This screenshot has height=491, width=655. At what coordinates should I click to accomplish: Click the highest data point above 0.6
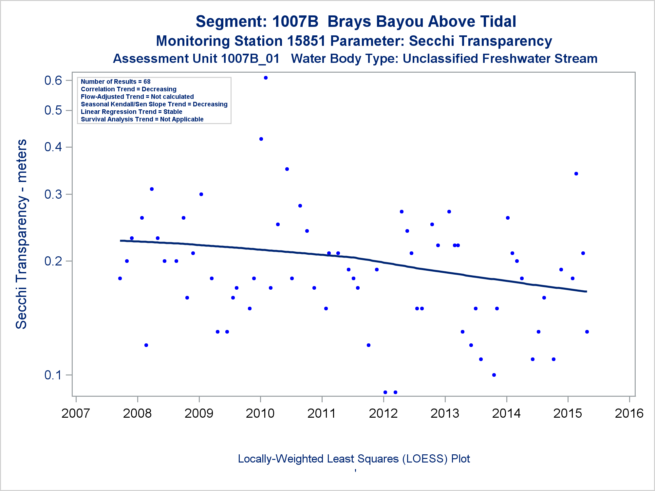[x=266, y=78]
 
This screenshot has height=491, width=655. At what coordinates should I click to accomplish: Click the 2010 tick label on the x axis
[x=260, y=413]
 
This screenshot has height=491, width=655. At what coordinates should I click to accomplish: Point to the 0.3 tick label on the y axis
[x=53, y=194]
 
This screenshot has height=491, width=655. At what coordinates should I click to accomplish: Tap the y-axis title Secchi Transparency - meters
[x=22, y=234]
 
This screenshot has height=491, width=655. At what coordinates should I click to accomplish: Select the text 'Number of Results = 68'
[x=116, y=82]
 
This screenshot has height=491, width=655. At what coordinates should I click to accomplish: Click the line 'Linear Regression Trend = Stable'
[x=131, y=112]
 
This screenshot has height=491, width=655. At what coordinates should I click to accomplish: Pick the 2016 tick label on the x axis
[x=629, y=413]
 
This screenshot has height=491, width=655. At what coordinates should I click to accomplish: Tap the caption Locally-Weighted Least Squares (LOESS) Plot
[x=354, y=459]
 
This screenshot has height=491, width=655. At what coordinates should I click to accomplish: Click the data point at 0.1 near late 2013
[x=494, y=375]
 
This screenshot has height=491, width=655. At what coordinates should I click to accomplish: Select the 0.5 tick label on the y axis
[x=53, y=110]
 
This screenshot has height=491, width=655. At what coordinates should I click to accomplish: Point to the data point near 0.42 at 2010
[x=261, y=139]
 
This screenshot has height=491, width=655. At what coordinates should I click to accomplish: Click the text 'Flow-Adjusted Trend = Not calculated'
[x=137, y=97]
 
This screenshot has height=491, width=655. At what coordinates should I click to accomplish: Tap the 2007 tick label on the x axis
[x=76, y=413]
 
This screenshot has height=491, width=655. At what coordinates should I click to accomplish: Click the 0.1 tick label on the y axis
[x=53, y=375]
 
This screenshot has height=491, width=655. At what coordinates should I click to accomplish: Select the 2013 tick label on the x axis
[x=445, y=413]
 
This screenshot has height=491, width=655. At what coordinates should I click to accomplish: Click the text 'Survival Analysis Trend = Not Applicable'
[x=142, y=119]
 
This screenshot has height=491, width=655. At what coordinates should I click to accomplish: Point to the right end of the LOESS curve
[x=586, y=291]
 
